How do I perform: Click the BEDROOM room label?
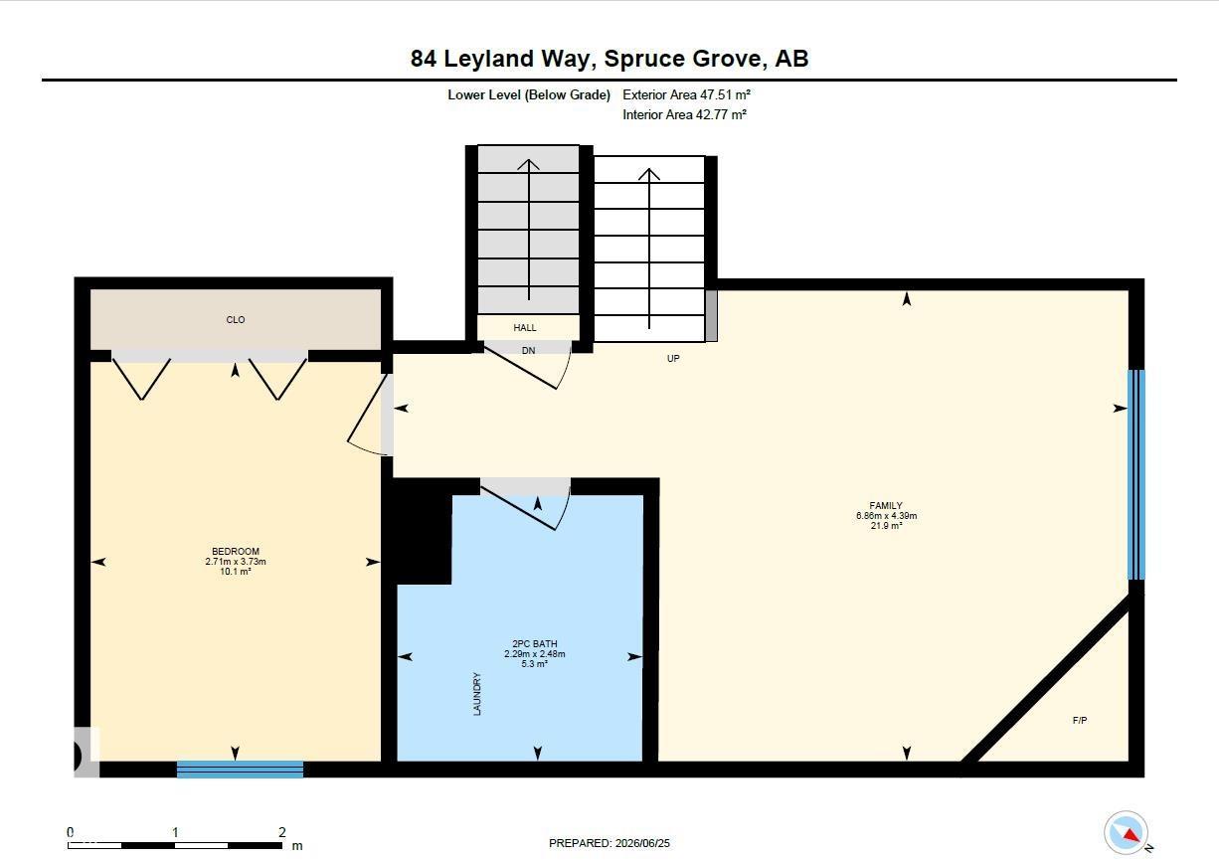pos(236,551)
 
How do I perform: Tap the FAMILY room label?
pos(886,505)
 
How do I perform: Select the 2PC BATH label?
pos(534,644)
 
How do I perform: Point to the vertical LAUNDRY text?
pos(477,694)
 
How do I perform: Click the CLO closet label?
pos(236,319)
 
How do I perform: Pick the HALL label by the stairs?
pos(525,328)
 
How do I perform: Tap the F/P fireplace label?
pos(1080,720)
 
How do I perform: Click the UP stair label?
pos(673,359)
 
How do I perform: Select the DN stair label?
pos(528,350)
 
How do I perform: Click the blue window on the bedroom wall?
pos(240,769)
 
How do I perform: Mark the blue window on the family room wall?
pos(1135,474)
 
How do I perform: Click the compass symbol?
pos(1126,832)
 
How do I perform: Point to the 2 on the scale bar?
pos(282,832)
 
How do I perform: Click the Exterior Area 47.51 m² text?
pos(687,94)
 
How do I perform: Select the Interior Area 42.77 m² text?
pos(685,114)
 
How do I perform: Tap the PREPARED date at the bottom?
pos(609,843)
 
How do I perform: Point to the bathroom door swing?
pos(526,505)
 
